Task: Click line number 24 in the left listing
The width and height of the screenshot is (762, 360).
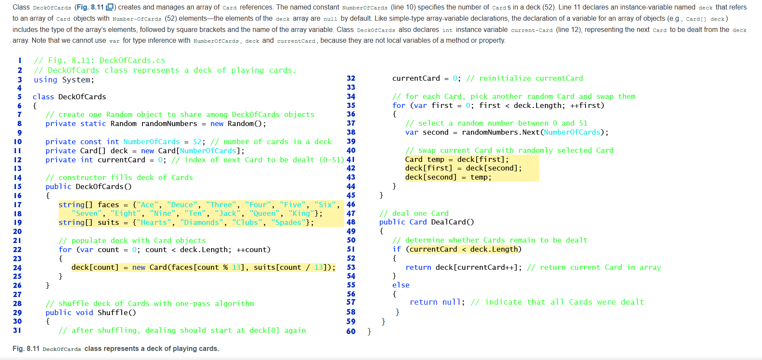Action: pyautogui.click(x=17, y=268)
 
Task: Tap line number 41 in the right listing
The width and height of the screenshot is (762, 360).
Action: pyautogui.click(x=351, y=159)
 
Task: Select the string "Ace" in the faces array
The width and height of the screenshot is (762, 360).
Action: pyautogui.click(x=147, y=205)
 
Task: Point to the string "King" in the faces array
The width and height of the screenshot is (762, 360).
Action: pyautogui.click(x=301, y=213)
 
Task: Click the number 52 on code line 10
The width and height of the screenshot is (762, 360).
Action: pyautogui.click(x=197, y=142)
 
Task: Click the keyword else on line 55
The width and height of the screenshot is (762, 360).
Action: pyautogui.click(x=401, y=285)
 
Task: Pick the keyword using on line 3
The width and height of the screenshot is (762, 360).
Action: pyautogui.click(x=45, y=80)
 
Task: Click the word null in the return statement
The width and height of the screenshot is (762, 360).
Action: pyautogui.click(x=452, y=302)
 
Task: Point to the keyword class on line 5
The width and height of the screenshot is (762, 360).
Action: pyautogui.click(x=43, y=97)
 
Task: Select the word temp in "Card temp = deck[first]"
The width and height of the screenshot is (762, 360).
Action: pyautogui.click(x=436, y=159)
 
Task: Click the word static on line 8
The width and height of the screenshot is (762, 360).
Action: pyautogui.click(x=93, y=123)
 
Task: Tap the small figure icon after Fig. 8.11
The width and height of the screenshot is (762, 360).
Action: pyautogui.click(x=110, y=7)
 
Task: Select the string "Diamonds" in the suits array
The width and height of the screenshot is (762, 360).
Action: pyautogui.click(x=202, y=222)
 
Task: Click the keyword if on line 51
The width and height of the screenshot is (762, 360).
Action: pyautogui.click(x=397, y=249)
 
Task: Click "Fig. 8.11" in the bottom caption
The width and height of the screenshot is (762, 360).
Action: pyautogui.click(x=26, y=348)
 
